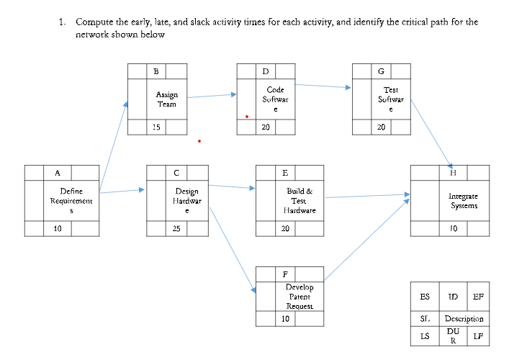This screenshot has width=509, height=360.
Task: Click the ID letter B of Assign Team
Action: tap(156, 71)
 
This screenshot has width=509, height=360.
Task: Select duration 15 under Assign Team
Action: tap(156, 127)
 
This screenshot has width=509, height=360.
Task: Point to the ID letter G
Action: tap(381, 71)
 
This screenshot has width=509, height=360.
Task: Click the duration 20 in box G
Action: tap(381, 127)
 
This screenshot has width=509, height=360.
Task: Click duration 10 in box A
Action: tap(57, 229)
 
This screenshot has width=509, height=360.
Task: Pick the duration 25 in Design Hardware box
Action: tap(176, 229)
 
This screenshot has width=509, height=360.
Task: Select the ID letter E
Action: tap(285, 174)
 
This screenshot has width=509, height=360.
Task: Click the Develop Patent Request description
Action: tap(299, 296)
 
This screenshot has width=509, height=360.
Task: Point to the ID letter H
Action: tap(451, 174)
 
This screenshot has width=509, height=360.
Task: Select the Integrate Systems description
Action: tap(463, 201)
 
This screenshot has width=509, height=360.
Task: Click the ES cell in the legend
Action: tap(425, 297)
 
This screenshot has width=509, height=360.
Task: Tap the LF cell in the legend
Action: tap(477, 336)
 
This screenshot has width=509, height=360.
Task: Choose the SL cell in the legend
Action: tap(425, 318)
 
